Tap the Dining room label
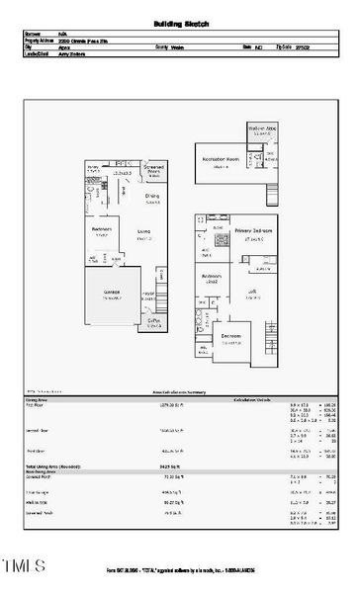coord(151,196)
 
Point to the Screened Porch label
coord(154,169)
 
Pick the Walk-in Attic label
coord(262,129)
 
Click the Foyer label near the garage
coord(149,294)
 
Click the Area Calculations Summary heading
coord(180,391)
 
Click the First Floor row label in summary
coord(34,405)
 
